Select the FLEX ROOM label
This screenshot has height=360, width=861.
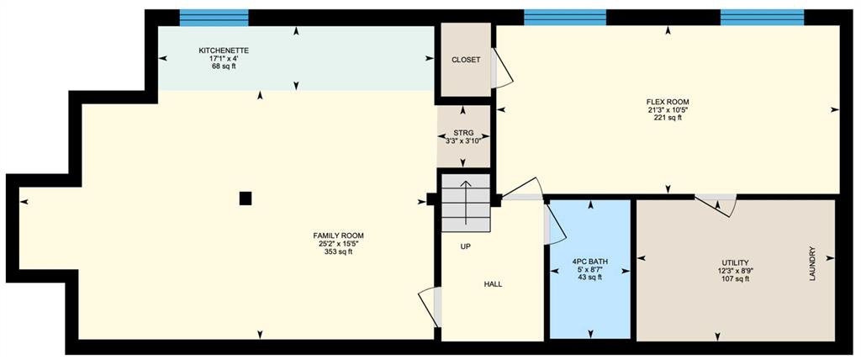pyautogui.click(x=668, y=102)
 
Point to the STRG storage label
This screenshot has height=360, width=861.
pyautogui.click(x=463, y=133)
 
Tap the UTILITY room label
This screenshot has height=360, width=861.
pyautogui.click(x=736, y=262)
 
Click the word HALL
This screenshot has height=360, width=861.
pyautogui.click(x=493, y=284)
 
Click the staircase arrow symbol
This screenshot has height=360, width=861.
pyautogui.click(x=466, y=202)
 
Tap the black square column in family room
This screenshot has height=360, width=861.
pyautogui.click(x=246, y=198)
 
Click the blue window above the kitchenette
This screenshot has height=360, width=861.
pyautogui.click(x=214, y=18)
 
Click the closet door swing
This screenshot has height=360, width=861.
pyautogui.click(x=501, y=69)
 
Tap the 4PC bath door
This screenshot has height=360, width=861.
pyautogui.click(x=555, y=224)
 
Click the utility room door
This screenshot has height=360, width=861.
pyautogui.click(x=716, y=204)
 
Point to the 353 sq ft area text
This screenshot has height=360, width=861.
pyautogui.click(x=338, y=251)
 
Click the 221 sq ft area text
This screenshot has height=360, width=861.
pyautogui.click(x=668, y=118)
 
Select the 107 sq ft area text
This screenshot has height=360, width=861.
pyautogui.click(x=736, y=278)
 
